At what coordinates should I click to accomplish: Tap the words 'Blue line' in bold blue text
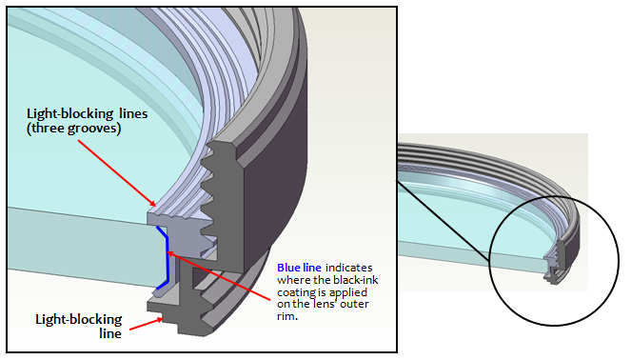click(x=299, y=268)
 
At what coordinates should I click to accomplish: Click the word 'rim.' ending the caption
click(x=287, y=316)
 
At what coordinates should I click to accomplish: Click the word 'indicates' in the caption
click(x=349, y=268)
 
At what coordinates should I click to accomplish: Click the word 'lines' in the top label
click(x=133, y=114)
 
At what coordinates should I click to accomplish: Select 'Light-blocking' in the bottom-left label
click(x=79, y=320)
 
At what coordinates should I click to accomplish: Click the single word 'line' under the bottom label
click(x=110, y=334)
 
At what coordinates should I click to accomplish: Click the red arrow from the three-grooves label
click(x=116, y=173)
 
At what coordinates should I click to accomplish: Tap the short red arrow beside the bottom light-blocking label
click(x=147, y=324)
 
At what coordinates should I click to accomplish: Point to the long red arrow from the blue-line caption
click(x=218, y=276)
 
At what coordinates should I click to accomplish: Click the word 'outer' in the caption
click(x=354, y=305)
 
